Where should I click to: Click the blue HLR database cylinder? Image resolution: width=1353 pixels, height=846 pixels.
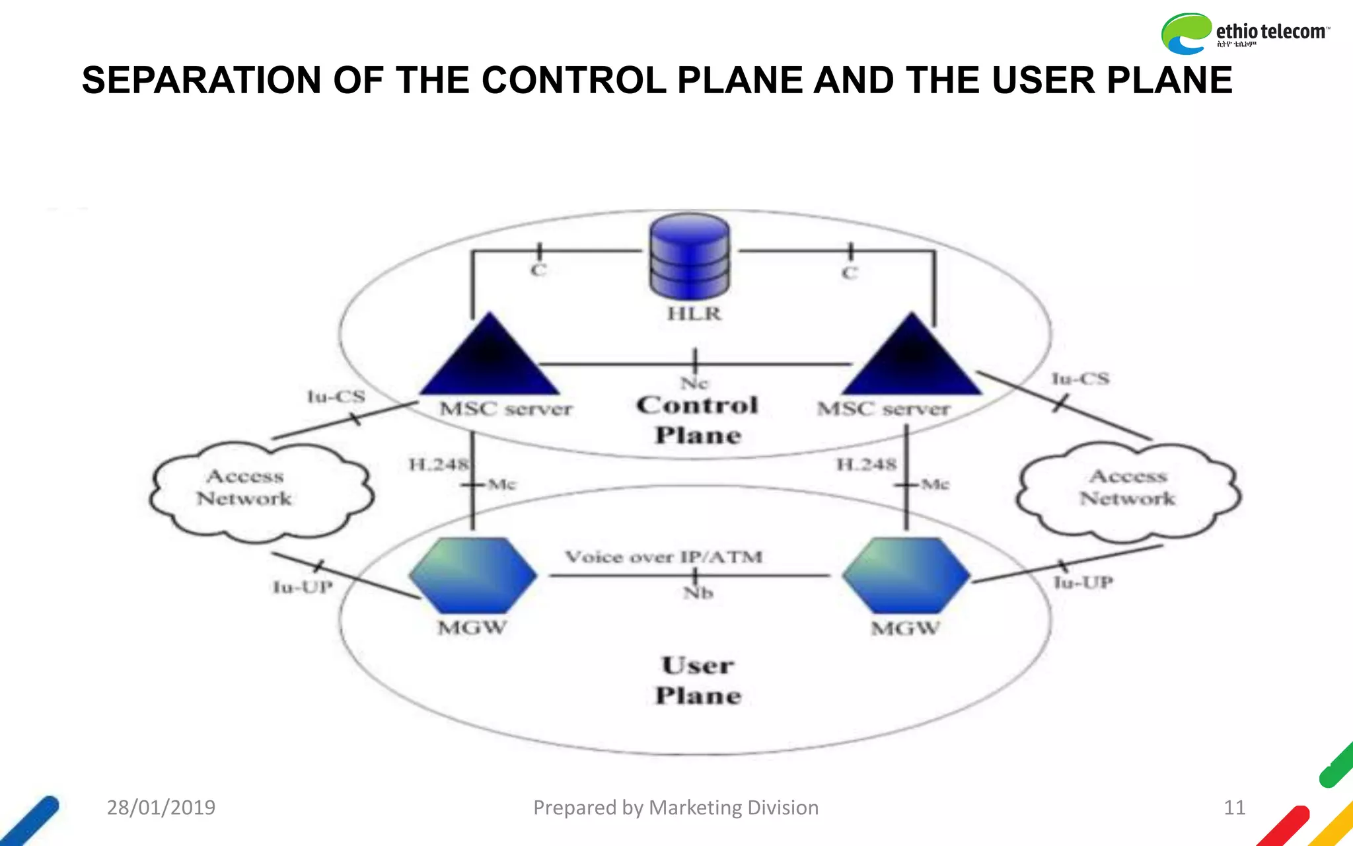[x=690, y=257]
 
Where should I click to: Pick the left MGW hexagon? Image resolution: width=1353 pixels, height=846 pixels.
[x=473, y=575]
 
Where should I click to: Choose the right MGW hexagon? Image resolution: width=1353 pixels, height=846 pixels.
[x=906, y=575]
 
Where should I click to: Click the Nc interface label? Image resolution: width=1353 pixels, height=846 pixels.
[x=694, y=383]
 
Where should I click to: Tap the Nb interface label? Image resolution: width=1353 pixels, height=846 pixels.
[x=698, y=593]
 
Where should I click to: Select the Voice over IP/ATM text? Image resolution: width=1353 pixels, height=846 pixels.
[x=663, y=557]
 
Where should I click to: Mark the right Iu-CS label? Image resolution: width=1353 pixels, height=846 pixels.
[x=1080, y=379]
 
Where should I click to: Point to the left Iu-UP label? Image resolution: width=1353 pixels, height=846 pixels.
[x=303, y=587]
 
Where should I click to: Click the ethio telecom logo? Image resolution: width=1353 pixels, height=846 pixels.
[x=1245, y=33]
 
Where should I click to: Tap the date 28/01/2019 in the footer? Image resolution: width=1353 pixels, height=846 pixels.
[x=161, y=807]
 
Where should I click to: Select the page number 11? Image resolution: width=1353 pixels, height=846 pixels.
[x=1234, y=807]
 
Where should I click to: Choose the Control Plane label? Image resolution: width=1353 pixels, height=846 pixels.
[x=698, y=420]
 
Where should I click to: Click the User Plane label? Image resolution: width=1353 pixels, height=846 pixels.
[x=698, y=680]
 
